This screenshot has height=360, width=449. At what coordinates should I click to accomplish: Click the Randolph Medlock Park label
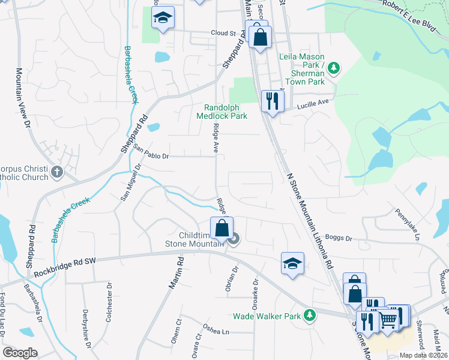(221, 112)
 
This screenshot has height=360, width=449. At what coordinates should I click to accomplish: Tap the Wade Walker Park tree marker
(310, 315)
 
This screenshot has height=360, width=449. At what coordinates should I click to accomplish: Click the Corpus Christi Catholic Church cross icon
(57, 172)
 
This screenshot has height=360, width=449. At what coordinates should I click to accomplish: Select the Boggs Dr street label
(338, 238)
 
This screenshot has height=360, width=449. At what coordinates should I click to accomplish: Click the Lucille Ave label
(315, 104)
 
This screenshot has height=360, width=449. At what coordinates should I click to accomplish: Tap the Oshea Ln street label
(216, 332)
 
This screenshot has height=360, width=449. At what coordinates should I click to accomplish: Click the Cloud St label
(223, 34)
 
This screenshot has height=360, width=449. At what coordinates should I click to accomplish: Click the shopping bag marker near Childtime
(221, 229)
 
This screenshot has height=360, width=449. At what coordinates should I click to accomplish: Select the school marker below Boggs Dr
(292, 264)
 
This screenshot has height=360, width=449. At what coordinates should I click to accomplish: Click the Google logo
(20, 353)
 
